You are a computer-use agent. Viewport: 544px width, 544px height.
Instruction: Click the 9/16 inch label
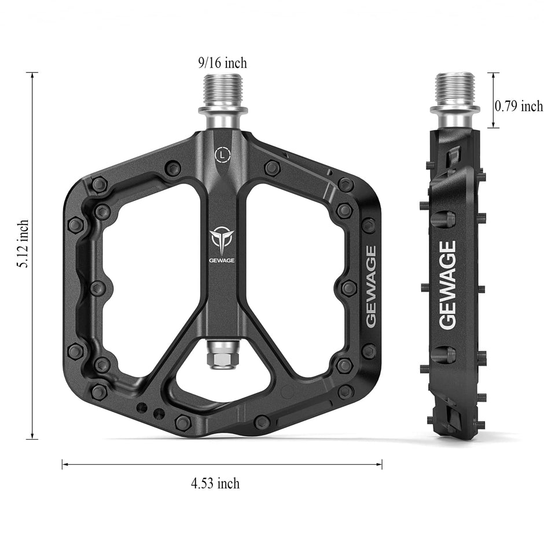[x=223, y=63]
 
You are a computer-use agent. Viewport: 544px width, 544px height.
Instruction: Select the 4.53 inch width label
[x=215, y=483]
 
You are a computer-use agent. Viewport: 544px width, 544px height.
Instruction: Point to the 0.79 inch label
[x=519, y=106]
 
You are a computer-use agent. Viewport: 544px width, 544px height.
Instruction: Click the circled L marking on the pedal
[x=222, y=155]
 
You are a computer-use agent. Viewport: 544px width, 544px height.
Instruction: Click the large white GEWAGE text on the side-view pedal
[x=448, y=285]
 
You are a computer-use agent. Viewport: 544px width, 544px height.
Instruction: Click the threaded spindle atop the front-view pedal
[x=223, y=89]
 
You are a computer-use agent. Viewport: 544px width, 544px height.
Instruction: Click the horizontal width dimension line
[x=222, y=464]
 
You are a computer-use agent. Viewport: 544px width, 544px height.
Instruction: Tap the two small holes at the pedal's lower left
[x=151, y=410]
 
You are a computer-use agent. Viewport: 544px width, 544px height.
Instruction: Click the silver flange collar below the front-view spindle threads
[x=223, y=109]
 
